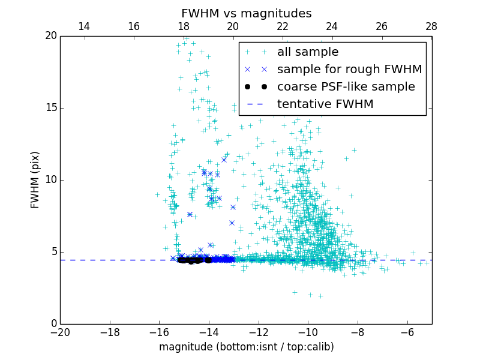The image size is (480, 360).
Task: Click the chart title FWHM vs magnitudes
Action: click(246, 13)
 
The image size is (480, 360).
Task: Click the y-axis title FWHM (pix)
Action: click(35, 179)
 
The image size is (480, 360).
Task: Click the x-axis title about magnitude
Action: click(246, 347)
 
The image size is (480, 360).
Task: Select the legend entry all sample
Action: click(308, 52)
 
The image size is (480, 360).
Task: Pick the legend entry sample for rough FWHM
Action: click(349, 70)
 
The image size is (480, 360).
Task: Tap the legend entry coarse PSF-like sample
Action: click(346, 87)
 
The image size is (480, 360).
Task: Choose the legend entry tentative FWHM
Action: click(325, 104)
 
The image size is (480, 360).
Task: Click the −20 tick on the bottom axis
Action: click(60, 332)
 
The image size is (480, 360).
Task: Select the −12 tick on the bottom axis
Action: click(258, 332)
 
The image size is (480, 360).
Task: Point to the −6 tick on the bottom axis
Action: click(407, 332)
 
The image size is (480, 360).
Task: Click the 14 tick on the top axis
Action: click(85, 26)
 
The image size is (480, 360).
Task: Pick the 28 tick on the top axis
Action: click(431, 26)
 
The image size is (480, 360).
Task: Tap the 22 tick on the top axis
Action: click(283, 26)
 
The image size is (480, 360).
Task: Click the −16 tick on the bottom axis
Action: click(159, 332)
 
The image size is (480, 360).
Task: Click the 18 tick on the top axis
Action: click(184, 26)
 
